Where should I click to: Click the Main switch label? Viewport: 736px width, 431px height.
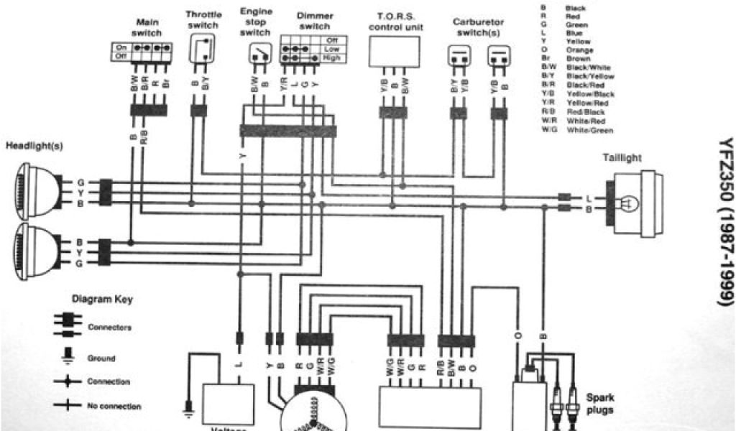click(147, 28)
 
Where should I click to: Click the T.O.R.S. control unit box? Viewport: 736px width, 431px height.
click(395, 50)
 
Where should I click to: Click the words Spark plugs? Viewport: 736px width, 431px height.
click(600, 403)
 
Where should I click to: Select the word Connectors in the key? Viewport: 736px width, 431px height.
click(109, 327)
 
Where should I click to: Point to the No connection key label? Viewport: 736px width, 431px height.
click(114, 406)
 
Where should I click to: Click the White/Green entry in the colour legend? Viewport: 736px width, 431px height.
click(589, 130)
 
